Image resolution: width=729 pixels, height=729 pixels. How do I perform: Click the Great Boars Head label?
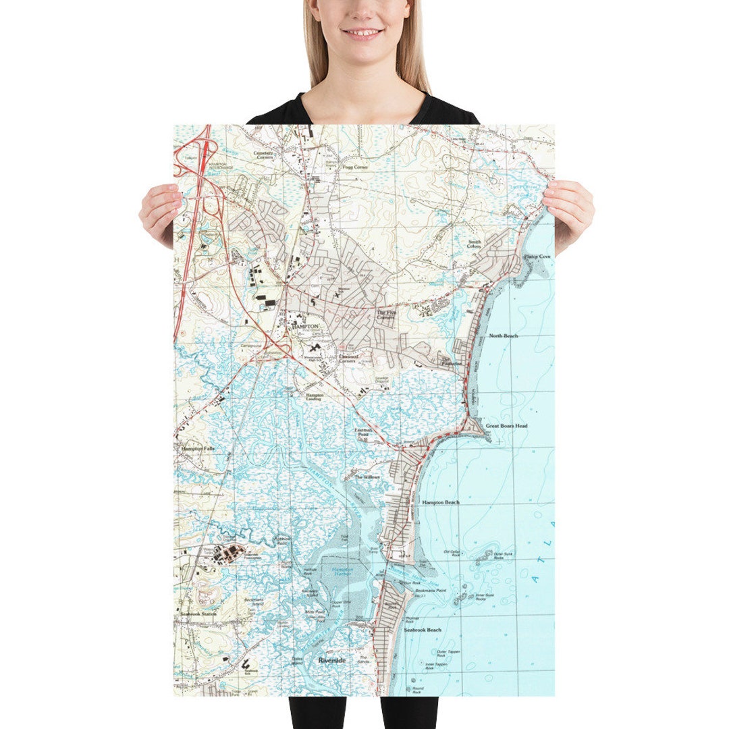(506, 427)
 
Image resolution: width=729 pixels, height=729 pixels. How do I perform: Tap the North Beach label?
(504, 335)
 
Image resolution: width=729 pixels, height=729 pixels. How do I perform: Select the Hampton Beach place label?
(441, 503)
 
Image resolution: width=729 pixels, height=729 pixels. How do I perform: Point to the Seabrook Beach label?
(423, 630)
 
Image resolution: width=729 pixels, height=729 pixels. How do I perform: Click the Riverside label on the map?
(332, 661)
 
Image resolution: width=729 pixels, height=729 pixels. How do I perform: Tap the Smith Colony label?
(475, 244)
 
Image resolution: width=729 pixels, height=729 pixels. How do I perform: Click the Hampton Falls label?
(196, 448)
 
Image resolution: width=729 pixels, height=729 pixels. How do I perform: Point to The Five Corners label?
(385, 315)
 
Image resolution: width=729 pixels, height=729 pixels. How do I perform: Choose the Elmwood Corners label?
(347, 358)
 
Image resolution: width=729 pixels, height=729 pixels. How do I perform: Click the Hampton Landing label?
(315, 397)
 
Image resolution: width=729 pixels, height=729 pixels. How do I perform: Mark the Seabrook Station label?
(198, 614)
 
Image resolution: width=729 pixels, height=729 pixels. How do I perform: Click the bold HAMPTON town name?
(304, 325)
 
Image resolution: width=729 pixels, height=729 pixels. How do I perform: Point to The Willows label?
(368, 477)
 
